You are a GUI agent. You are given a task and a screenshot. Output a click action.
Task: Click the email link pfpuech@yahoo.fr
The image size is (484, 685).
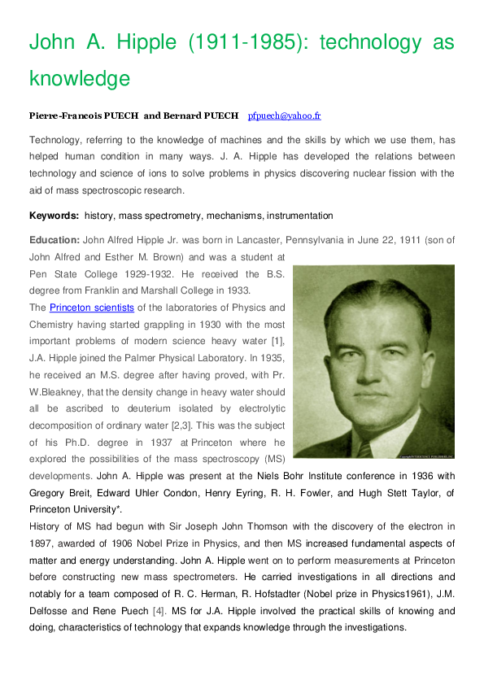click(x=284, y=116)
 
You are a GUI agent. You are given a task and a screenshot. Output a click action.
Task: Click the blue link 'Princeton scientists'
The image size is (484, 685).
click(x=92, y=308)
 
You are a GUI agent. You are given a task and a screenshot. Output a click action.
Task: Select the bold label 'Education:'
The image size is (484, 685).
click(x=55, y=240)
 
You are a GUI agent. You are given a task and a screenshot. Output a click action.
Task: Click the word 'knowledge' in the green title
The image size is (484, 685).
click(x=80, y=79)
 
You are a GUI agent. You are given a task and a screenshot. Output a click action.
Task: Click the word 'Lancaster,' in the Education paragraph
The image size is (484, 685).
click(x=248, y=240)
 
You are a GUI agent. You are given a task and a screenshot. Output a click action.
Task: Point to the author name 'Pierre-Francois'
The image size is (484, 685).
click(x=63, y=116)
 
